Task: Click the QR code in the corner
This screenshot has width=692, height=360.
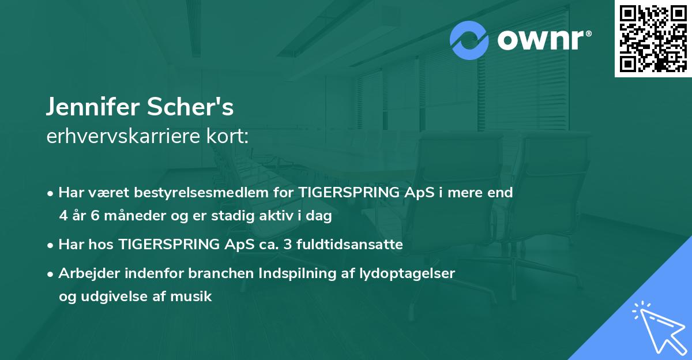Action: coord(652,39)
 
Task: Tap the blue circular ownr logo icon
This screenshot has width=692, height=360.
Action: coord(469,40)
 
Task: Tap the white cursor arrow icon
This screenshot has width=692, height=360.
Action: coord(657,326)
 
